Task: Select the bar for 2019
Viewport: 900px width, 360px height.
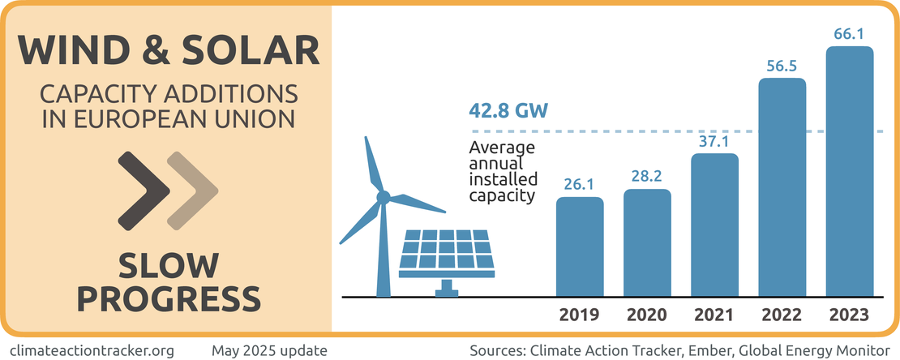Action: tap(580, 246)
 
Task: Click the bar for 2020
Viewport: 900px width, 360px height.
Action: tap(647, 242)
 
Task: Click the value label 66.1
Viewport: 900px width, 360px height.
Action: tap(850, 34)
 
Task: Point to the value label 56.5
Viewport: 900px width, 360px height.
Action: tap(782, 66)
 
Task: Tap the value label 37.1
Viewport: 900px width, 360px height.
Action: tap(714, 141)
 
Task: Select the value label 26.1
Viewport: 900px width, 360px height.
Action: tap(580, 184)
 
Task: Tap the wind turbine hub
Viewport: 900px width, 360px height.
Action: tap(383, 196)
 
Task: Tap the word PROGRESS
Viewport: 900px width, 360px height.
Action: tap(167, 298)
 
